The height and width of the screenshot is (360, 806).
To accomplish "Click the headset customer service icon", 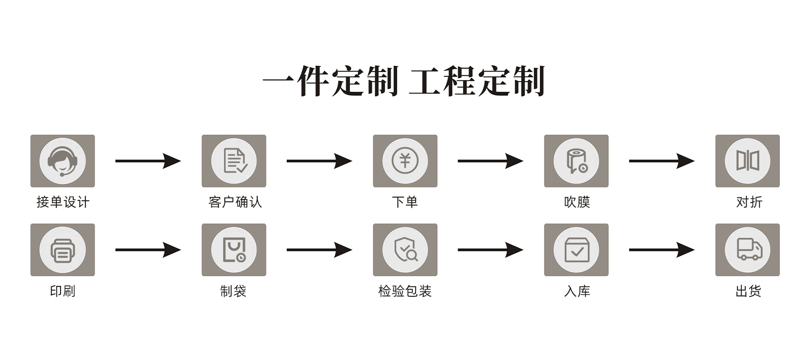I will [62, 161].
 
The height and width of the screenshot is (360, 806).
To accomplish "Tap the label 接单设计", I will [63, 202].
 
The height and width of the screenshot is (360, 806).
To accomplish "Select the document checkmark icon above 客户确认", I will [234, 161].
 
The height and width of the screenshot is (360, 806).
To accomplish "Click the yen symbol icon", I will [405, 161].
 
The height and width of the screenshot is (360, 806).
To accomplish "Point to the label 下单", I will [405, 202].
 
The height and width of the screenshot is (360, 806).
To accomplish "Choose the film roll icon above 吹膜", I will [576, 161].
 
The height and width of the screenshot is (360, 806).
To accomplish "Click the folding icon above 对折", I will [747, 161].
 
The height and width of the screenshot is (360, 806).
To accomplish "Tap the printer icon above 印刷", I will [62, 250].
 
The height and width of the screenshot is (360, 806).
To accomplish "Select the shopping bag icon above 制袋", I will [234, 250].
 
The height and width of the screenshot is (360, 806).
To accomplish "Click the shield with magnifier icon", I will [405, 250].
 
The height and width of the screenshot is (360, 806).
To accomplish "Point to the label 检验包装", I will [405, 291].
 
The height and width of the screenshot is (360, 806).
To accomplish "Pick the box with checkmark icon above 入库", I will [576, 250].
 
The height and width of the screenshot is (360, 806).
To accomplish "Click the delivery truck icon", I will [747, 250].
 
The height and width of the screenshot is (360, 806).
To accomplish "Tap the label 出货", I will [748, 291].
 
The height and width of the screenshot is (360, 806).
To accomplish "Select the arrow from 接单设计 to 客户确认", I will [148, 161].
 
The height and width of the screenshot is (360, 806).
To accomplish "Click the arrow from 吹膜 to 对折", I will [661, 161].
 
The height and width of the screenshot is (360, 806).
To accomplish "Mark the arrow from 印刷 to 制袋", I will [148, 250].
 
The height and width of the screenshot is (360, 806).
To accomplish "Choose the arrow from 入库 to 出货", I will [661, 250].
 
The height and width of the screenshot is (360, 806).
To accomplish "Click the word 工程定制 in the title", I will [477, 81].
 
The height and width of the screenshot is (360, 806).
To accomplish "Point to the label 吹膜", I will [576, 202].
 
